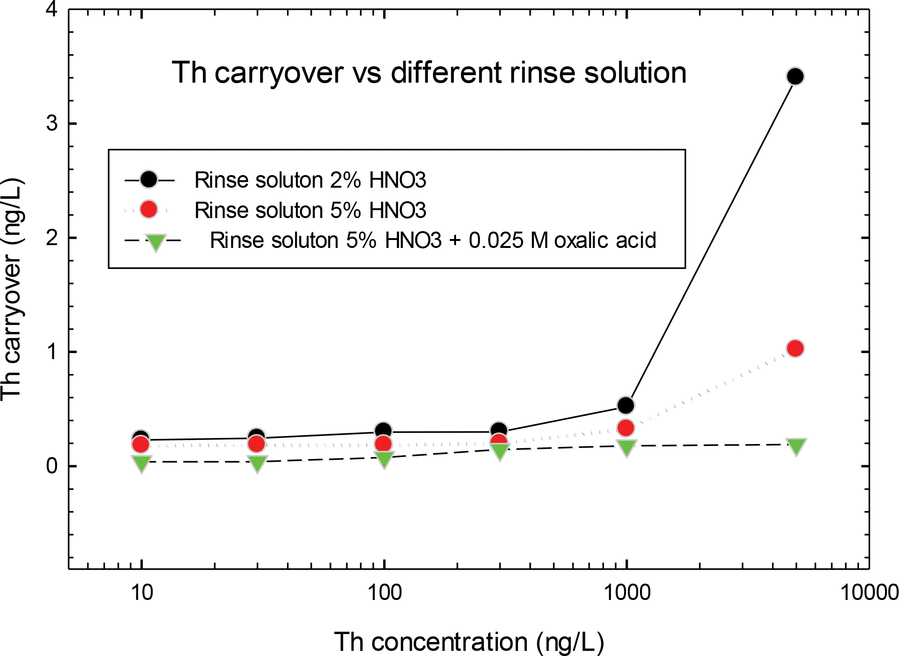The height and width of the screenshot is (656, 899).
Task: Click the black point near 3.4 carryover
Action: [x=795, y=76]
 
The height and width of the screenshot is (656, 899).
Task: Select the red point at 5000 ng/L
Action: [x=795, y=348]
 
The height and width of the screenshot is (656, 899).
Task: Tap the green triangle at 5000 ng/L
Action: [x=796, y=446]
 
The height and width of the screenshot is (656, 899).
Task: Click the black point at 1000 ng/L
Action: [x=625, y=405]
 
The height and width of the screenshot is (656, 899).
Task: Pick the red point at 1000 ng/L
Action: [x=625, y=428]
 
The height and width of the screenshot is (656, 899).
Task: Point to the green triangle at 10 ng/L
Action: [x=141, y=463]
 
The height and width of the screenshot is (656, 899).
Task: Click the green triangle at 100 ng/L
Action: [x=384, y=459]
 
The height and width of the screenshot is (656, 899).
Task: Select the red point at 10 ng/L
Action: [x=140, y=444]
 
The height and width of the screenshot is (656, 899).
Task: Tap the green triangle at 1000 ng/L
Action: [x=626, y=447]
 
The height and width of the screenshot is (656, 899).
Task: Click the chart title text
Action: [x=429, y=73]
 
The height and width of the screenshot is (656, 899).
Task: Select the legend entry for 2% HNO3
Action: [x=310, y=180]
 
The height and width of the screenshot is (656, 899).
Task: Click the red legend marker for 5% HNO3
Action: [x=149, y=210]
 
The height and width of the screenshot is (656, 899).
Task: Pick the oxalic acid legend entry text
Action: [x=433, y=240]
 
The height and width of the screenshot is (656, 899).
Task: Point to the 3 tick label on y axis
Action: [x=52, y=123]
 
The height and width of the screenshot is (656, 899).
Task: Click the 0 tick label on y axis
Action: [x=52, y=466]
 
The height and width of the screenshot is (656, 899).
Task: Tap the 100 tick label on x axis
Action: [x=384, y=593]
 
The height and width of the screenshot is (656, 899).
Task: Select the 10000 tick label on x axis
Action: [x=869, y=593]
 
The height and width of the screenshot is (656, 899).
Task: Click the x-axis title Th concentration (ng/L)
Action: [x=469, y=642]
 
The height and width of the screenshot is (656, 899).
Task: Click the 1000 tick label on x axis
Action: [x=626, y=593]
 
